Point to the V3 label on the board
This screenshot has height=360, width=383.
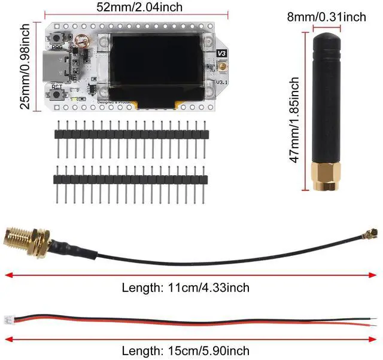222,53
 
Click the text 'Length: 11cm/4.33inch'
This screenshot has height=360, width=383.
186,288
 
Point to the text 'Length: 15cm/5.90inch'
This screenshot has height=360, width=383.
186,350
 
